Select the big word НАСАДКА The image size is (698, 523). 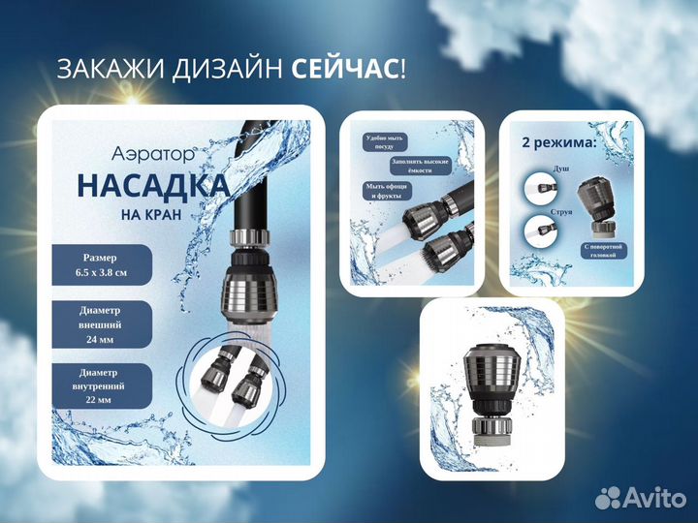(152, 185)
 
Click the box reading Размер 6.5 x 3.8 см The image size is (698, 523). (101, 264)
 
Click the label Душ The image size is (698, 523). (559, 169)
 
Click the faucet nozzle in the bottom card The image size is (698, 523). (492, 387)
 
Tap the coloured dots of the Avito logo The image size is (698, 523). (609, 498)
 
